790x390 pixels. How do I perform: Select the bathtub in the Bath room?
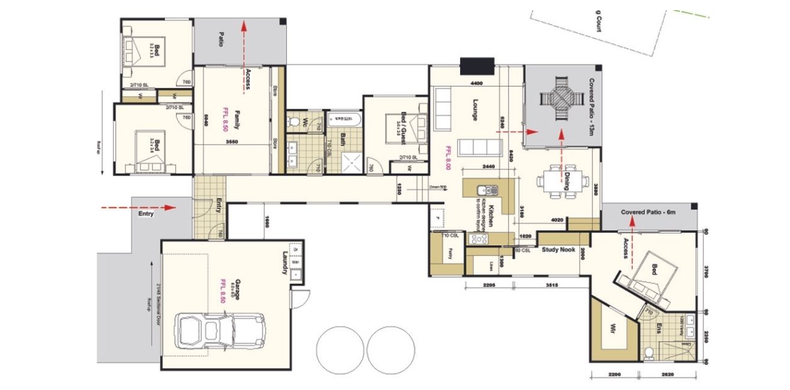coord(343,118)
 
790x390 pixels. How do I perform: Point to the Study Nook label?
coord(559,250)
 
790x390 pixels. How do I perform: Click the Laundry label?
coord(285,263)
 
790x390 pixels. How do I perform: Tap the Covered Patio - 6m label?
coord(648,212)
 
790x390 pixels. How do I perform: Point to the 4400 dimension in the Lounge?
coord(475,82)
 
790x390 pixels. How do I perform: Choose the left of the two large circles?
coord(340,348)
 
